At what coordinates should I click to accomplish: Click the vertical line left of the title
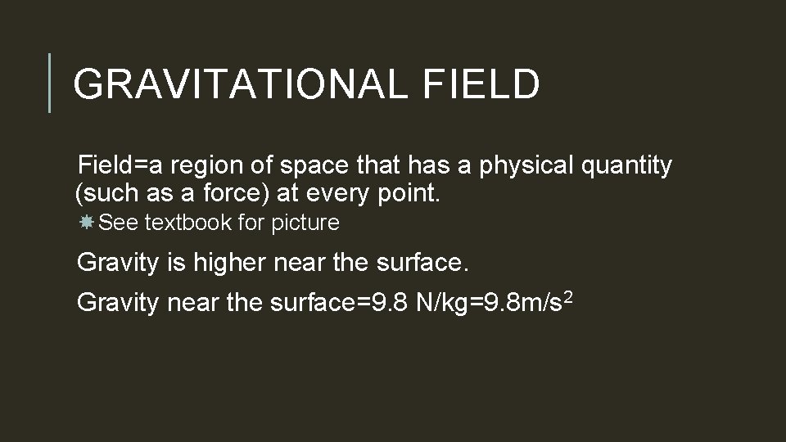pos(50,82)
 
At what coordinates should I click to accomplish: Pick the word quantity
pos(631,166)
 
